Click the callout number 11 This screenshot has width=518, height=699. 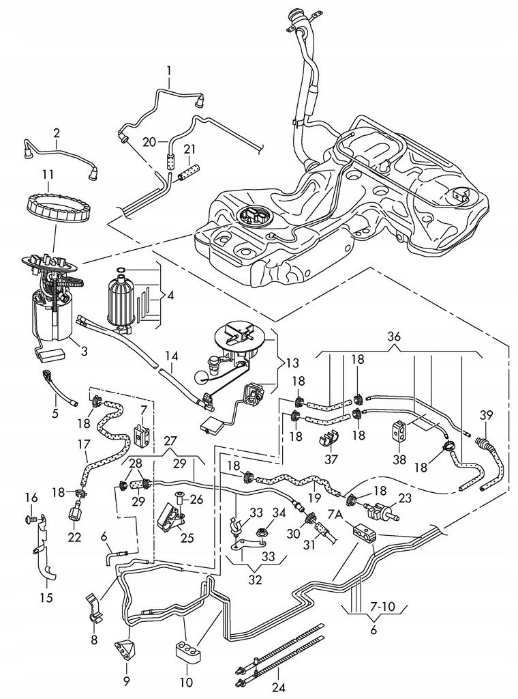click(x=48, y=175)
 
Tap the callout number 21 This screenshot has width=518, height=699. click(x=189, y=149)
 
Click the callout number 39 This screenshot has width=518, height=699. click(x=485, y=416)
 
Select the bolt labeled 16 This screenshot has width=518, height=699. click(x=31, y=519)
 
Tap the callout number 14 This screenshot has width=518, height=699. click(x=171, y=356)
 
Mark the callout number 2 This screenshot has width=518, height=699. click(x=57, y=133)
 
